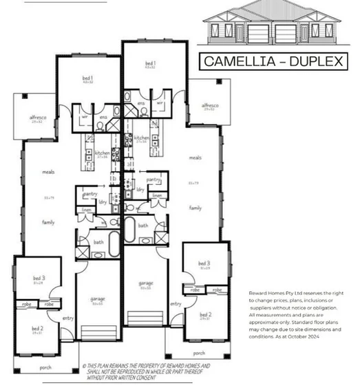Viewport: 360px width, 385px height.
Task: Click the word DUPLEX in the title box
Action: coord(313,61)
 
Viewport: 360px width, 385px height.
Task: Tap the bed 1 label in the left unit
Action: coord(88,79)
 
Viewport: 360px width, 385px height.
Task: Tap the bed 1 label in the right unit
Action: coord(150,63)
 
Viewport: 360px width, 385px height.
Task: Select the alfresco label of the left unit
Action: coord(36,118)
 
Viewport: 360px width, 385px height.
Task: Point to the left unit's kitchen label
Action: coord(102,153)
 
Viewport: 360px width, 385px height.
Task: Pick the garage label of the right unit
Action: coord(145,283)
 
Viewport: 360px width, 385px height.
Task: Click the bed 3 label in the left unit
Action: coord(38,277)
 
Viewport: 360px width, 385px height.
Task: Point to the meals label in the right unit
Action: coord(195,157)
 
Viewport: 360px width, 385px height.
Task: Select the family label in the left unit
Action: coord(49,222)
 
